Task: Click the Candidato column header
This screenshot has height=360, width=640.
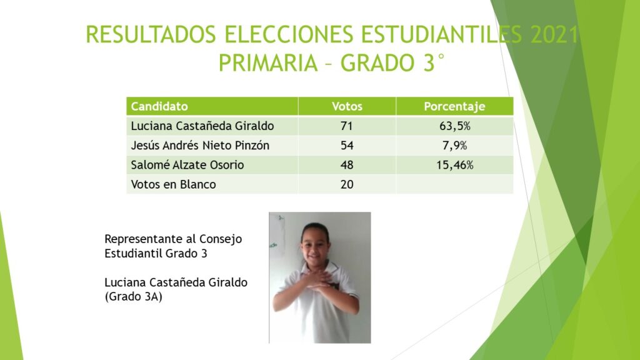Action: [159, 106]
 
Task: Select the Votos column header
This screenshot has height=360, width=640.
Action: [347, 106]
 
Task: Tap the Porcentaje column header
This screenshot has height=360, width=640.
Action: [454, 106]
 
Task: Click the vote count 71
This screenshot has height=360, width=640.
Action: [346, 126]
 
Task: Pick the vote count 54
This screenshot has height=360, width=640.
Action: [346, 146]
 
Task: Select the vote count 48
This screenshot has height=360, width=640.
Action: [346, 165]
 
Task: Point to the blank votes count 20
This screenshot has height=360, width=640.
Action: [346, 184]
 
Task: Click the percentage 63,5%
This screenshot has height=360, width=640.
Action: [455, 126]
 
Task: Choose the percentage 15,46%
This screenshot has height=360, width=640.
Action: [455, 165]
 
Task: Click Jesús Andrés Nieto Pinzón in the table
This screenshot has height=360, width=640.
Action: [200, 146]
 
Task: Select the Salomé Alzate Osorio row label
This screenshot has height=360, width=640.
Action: [187, 165]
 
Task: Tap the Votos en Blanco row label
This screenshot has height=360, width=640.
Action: [174, 184]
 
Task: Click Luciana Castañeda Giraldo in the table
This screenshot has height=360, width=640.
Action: [202, 126]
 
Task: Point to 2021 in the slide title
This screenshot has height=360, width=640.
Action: [554, 35]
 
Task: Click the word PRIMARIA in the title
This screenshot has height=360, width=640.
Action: [268, 63]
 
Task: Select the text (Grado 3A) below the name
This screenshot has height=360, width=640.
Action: [134, 297]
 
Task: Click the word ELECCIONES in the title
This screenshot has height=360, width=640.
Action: [289, 35]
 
